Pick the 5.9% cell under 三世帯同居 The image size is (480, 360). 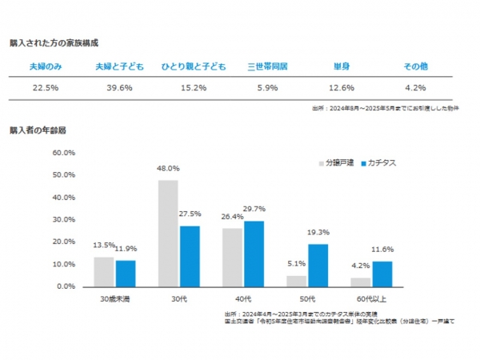tap(268, 87)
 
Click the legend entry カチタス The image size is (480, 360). tap(381, 162)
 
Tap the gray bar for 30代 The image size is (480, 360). tap(168, 233)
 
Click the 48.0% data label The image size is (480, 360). tap(168, 169)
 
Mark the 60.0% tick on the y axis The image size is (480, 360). tap(64, 152)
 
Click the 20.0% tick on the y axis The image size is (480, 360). tap(64, 241)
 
